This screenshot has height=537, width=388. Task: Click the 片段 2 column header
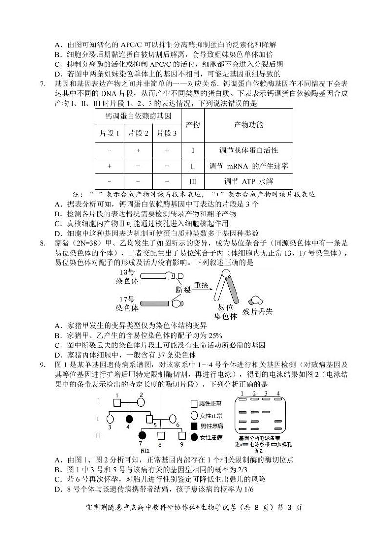point(138,133)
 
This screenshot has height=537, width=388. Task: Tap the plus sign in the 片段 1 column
point(109,166)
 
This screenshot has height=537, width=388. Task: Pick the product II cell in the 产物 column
point(193,166)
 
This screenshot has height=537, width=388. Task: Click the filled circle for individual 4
point(130,419)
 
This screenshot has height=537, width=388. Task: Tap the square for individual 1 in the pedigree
point(117,403)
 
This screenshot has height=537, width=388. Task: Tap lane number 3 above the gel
point(265,393)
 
